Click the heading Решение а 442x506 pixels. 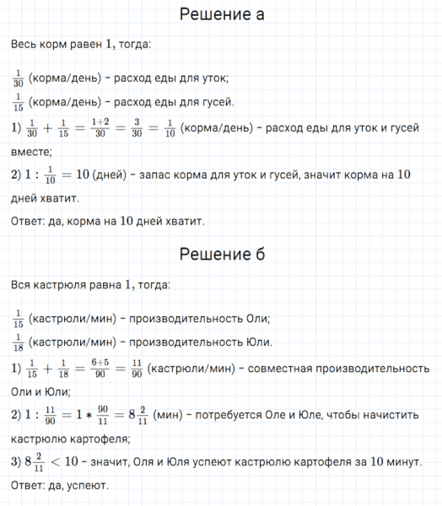222,15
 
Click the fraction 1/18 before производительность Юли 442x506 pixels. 19,342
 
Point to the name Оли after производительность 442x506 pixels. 255,319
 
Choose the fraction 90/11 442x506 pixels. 105,415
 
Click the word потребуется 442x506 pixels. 228,415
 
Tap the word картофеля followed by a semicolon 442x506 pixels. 96,439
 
